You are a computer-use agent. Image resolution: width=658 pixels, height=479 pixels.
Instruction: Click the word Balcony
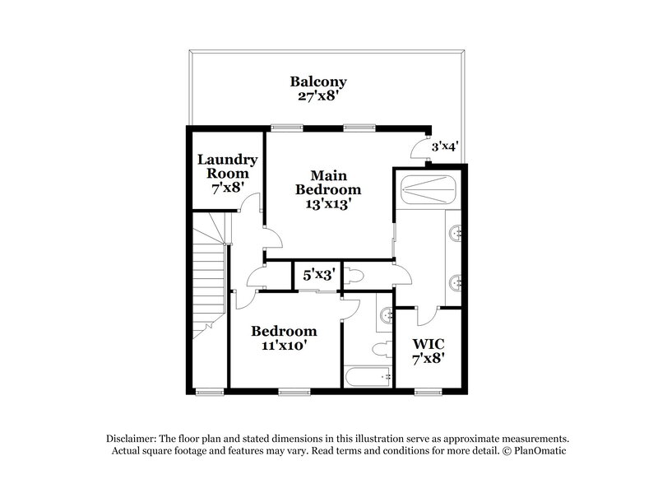(317, 81)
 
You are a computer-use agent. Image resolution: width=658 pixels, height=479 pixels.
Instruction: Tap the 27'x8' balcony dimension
(317, 95)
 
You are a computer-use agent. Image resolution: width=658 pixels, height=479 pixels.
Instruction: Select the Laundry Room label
(227, 167)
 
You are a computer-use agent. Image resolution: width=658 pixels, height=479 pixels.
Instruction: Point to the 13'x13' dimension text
(329, 204)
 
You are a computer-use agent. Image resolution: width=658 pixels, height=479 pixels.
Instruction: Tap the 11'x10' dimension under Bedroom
(284, 346)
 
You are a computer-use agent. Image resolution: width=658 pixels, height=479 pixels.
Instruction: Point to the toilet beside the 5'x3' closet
(355, 275)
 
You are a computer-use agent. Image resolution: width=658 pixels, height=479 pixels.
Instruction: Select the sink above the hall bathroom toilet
(385, 313)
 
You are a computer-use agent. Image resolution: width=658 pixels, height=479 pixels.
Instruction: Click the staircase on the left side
(211, 272)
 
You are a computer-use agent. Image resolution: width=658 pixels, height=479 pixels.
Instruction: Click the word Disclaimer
(132, 439)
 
